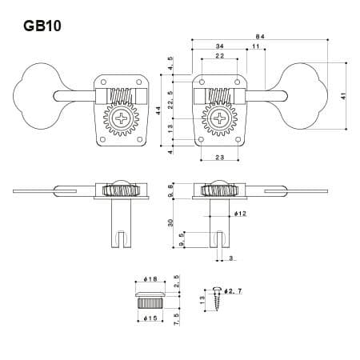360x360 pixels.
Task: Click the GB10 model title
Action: coord(42,26)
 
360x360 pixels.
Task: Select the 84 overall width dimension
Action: coord(260,37)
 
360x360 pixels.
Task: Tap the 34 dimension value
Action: coord(219,46)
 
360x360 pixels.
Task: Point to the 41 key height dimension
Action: coord(343,96)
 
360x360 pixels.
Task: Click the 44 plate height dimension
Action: coord(158,110)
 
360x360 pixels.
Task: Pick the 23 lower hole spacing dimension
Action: coord(219,158)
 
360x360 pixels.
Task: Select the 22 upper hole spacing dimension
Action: coord(219,56)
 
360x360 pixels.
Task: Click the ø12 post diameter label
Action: coord(240,214)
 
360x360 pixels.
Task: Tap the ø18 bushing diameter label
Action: coord(150,279)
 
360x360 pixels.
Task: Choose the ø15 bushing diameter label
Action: coord(150,318)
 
